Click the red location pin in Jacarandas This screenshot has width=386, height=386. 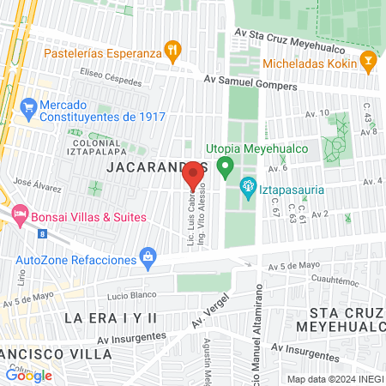(x=194, y=174)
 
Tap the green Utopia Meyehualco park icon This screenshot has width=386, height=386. (x=226, y=166)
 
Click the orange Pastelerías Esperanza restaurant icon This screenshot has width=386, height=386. (x=173, y=51)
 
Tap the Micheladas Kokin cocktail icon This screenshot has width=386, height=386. (x=368, y=61)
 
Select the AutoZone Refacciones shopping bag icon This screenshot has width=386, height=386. (x=149, y=257)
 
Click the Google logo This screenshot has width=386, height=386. (x=28, y=375)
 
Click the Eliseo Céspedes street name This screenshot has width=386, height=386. (x=87, y=73)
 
